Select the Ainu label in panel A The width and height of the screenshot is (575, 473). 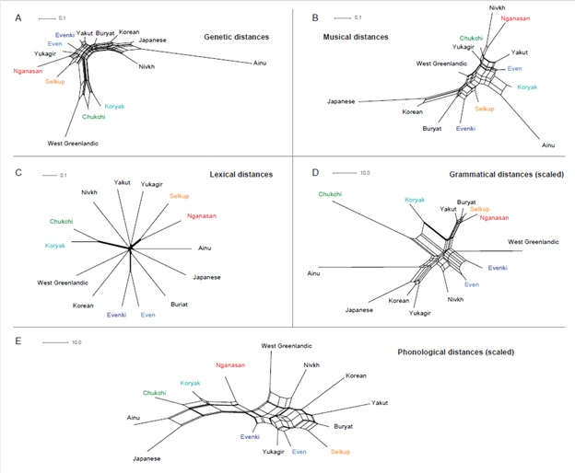click(x=261, y=63)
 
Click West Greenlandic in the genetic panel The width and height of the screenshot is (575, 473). click(x=73, y=144)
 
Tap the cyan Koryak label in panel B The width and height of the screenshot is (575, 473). click(x=526, y=87)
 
